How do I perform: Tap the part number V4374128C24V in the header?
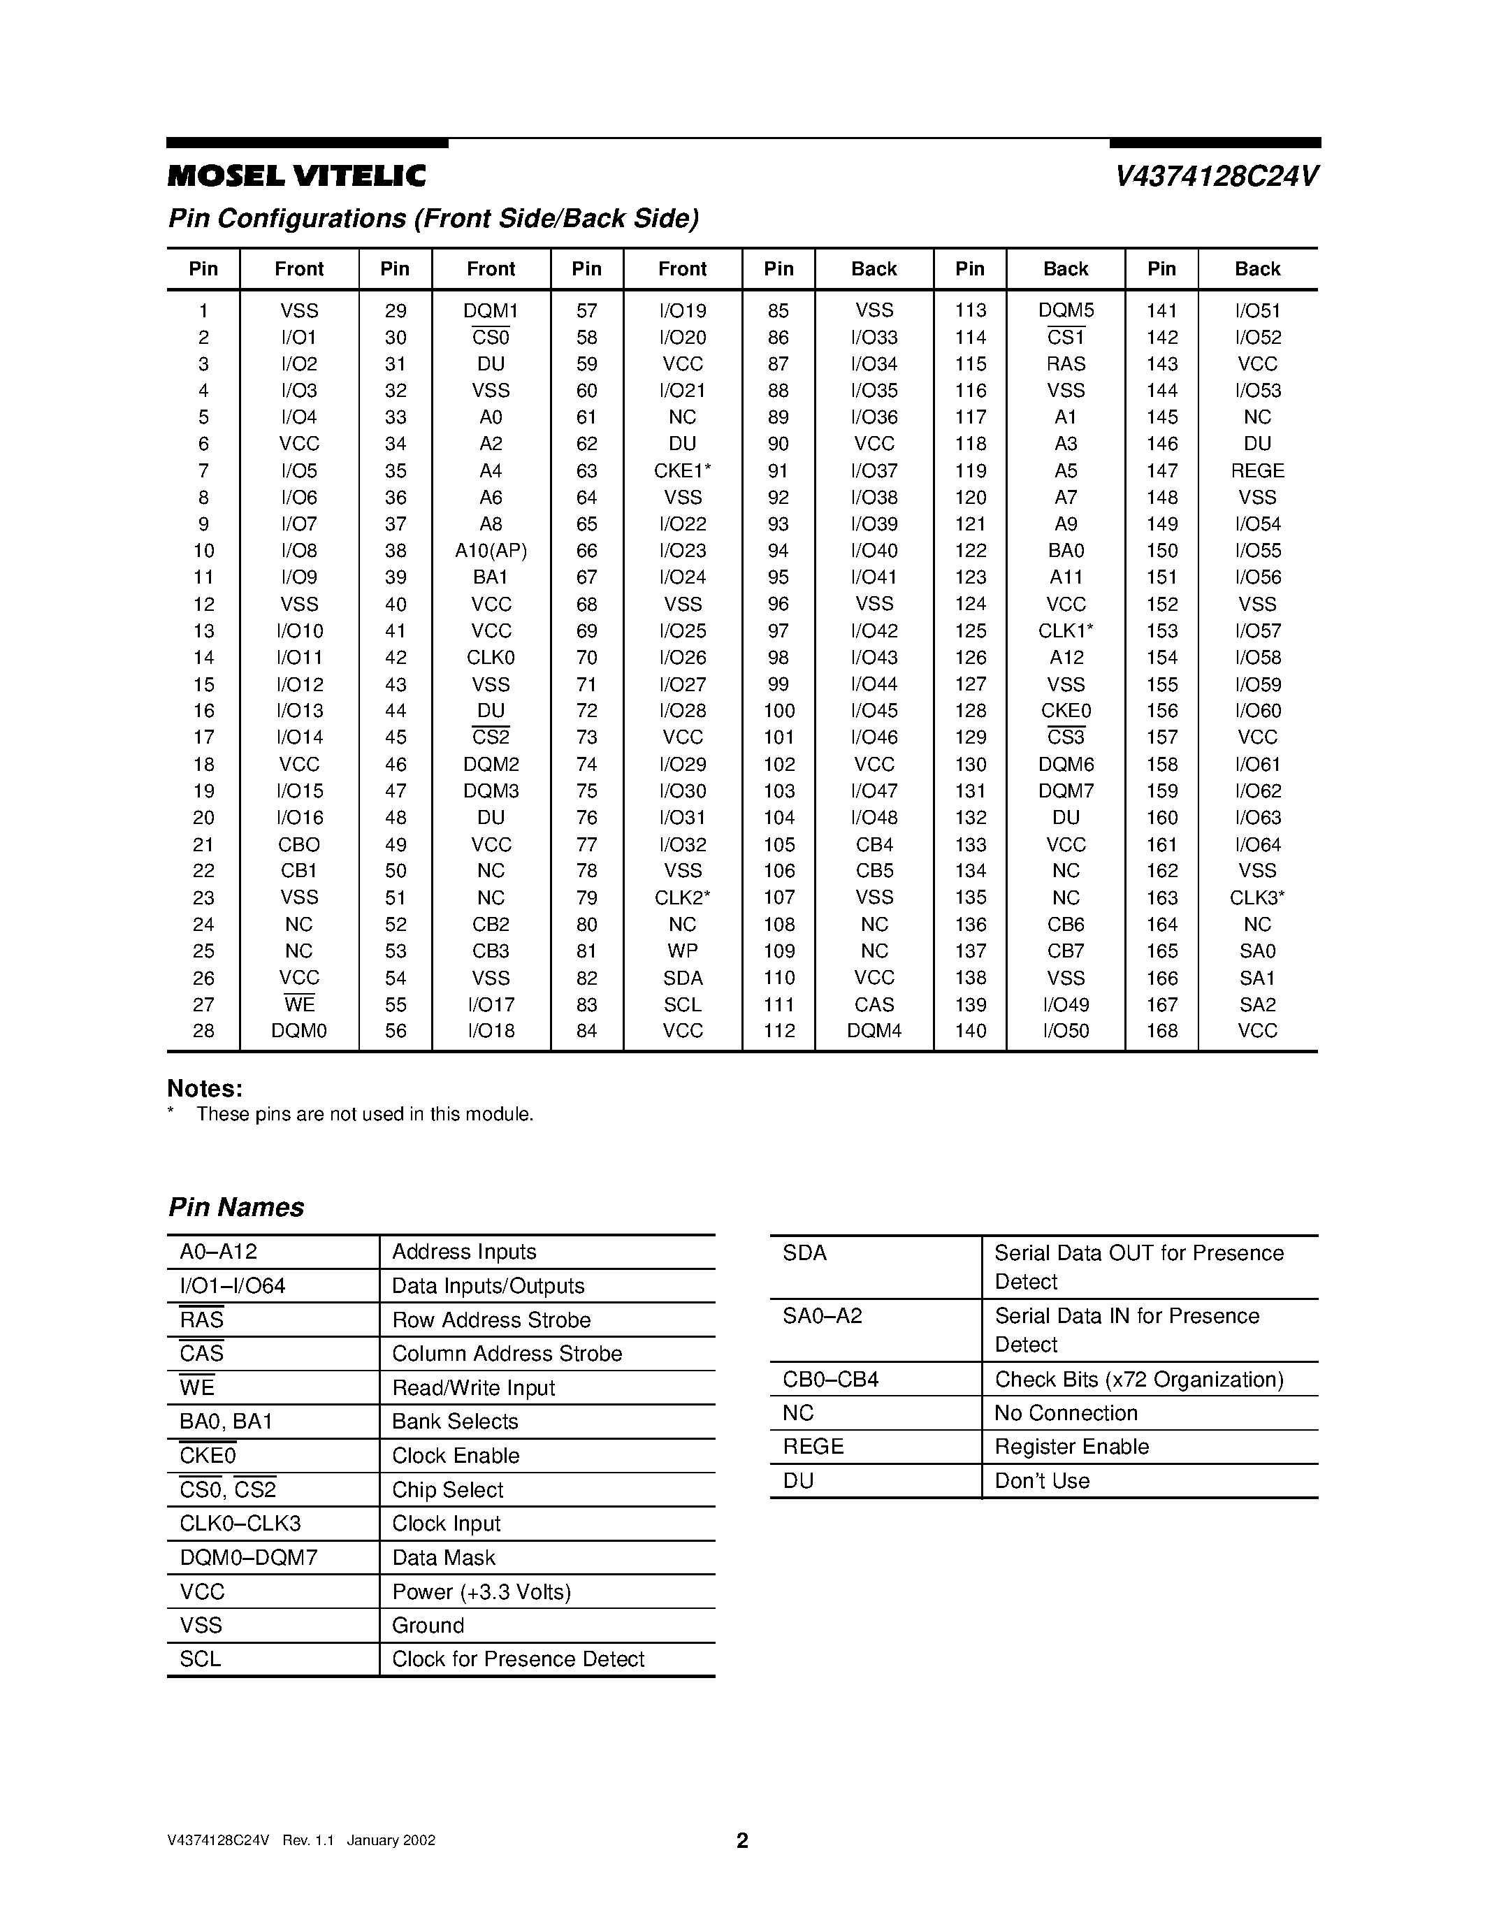coord(1217,177)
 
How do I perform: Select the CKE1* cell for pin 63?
coord(682,471)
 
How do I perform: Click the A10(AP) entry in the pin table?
coord(490,551)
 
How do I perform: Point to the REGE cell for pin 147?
coord(1257,471)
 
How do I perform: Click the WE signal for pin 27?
coord(299,1004)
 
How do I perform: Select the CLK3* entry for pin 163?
coord(1257,897)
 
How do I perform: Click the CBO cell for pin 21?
coord(299,845)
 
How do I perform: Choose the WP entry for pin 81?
coord(682,951)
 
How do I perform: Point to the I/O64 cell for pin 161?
coord(1257,845)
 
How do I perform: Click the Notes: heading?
coord(205,1089)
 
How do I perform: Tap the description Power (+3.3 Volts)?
coord(481,1592)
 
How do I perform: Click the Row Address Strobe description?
coord(491,1320)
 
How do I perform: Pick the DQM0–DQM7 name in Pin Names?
coord(248,1558)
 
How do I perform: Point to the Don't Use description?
coord(1042,1481)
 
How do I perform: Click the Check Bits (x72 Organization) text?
coord(1138,1379)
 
